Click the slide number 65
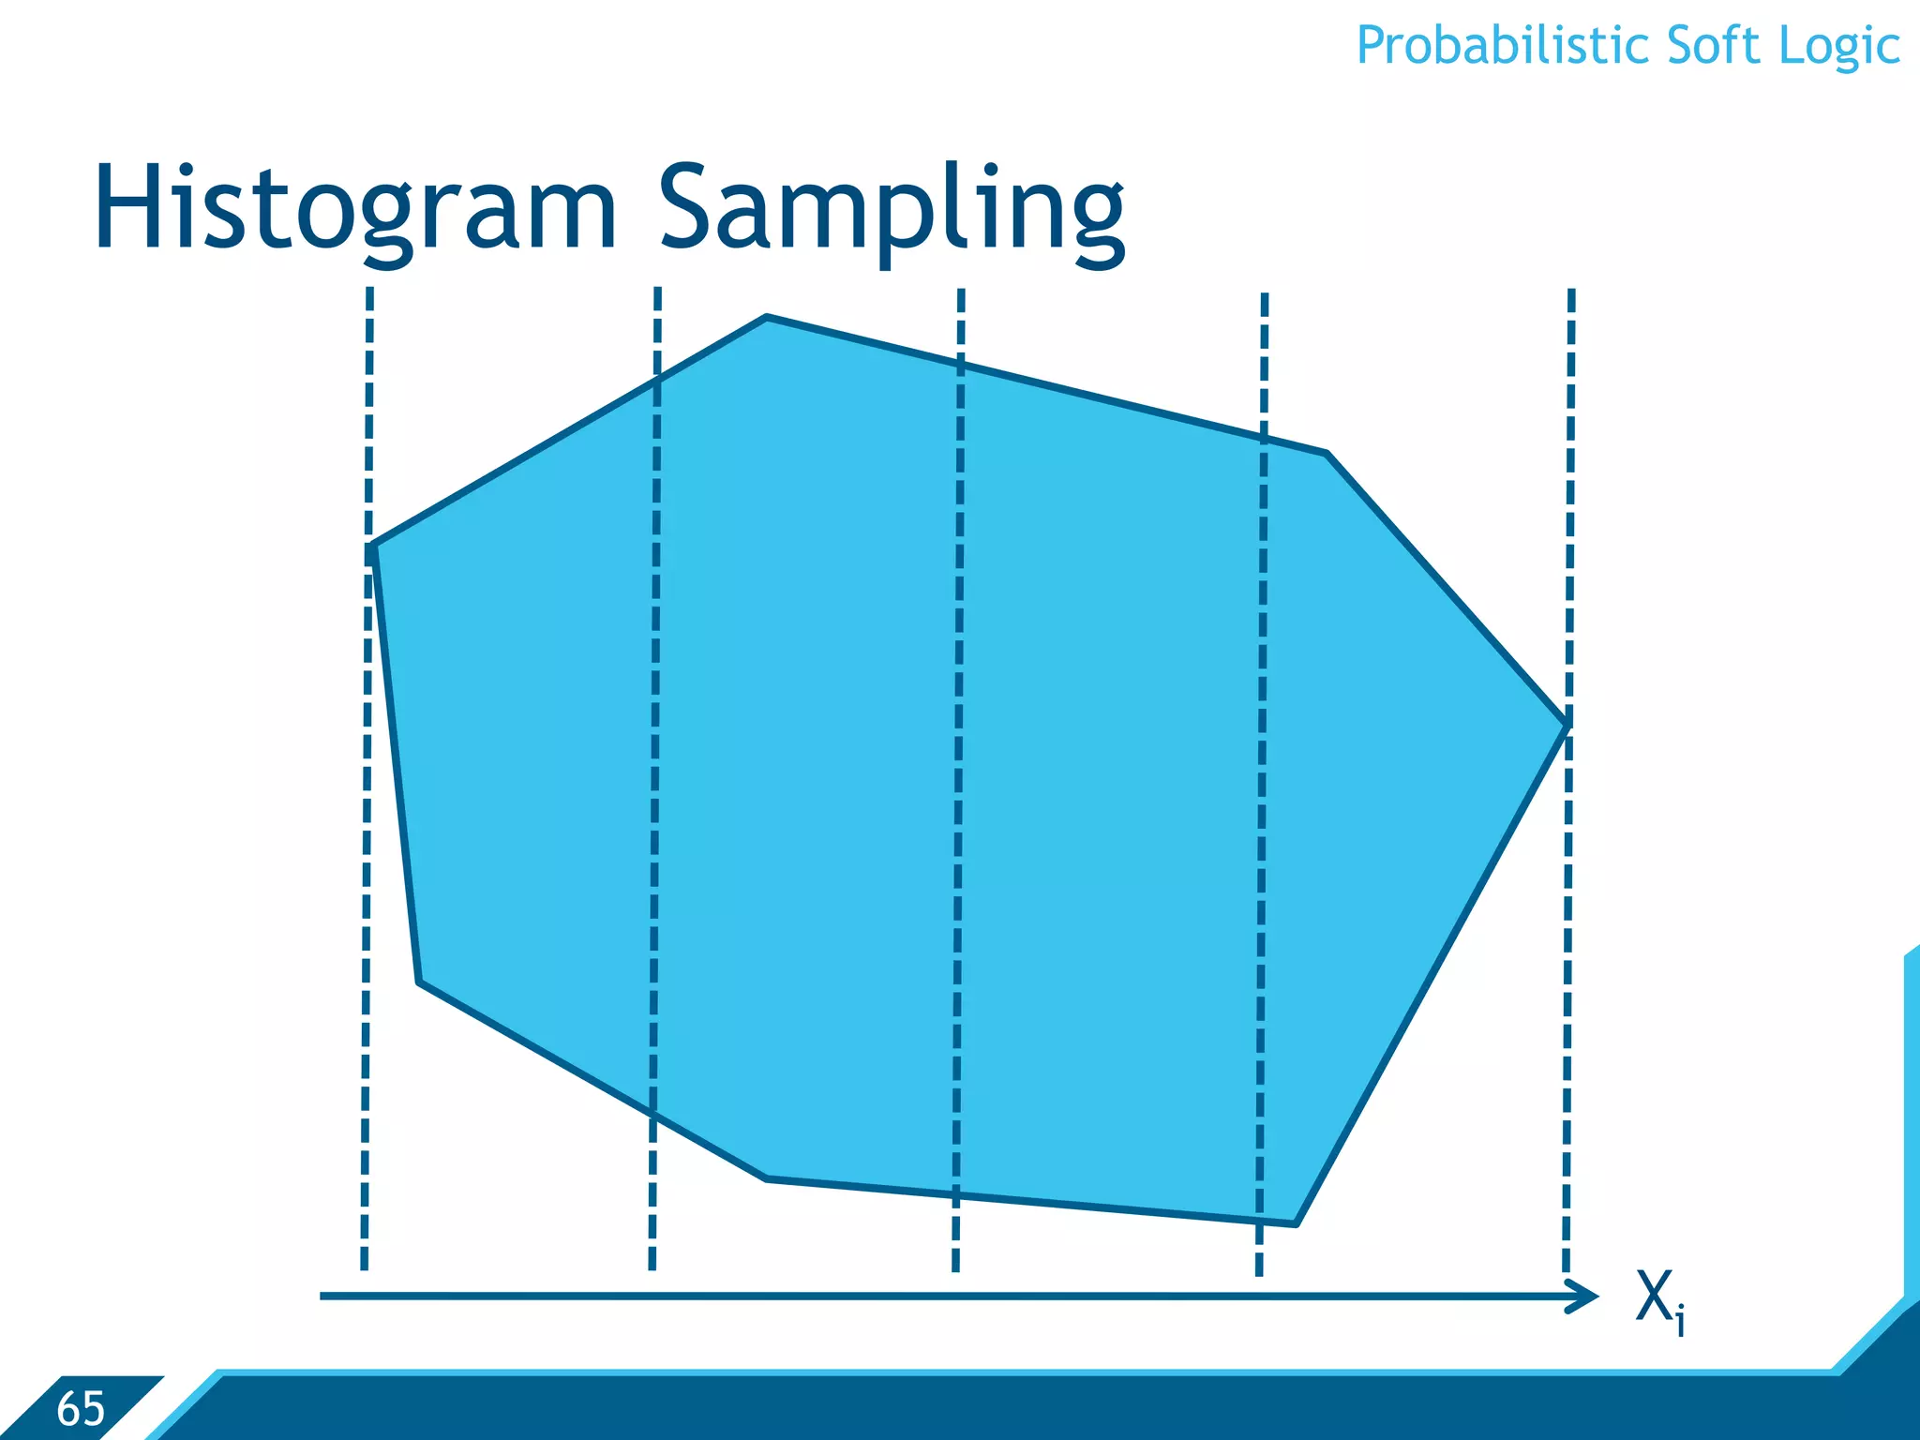81,1408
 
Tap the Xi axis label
1660,1300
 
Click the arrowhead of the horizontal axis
1587,1297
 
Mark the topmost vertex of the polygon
767,318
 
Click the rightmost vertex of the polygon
1567,724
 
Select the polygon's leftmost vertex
371,546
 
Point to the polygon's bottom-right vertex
1296,1223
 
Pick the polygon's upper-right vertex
1327,454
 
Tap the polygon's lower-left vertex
419,982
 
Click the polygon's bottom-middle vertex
767,1177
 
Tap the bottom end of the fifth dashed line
1566,1267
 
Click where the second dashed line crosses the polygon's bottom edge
653,1114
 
